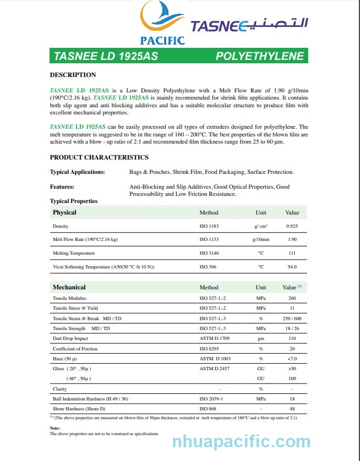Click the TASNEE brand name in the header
click(219, 26)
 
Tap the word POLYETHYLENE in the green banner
click(259, 57)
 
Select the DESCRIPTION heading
click(73, 75)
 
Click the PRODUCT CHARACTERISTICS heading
click(99, 157)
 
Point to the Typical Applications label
click(77, 172)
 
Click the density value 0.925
click(292, 227)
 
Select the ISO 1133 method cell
click(209, 240)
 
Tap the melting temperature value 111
click(292, 253)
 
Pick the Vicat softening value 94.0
click(292, 267)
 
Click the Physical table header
click(64, 212)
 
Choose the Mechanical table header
click(69, 287)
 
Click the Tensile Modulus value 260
click(292, 298)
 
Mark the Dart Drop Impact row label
click(70, 338)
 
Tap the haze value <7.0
click(292, 359)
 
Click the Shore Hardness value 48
click(292, 409)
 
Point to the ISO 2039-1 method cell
click(211, 399)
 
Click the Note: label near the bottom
click(55, 428)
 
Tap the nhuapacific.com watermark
click(241, 442)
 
